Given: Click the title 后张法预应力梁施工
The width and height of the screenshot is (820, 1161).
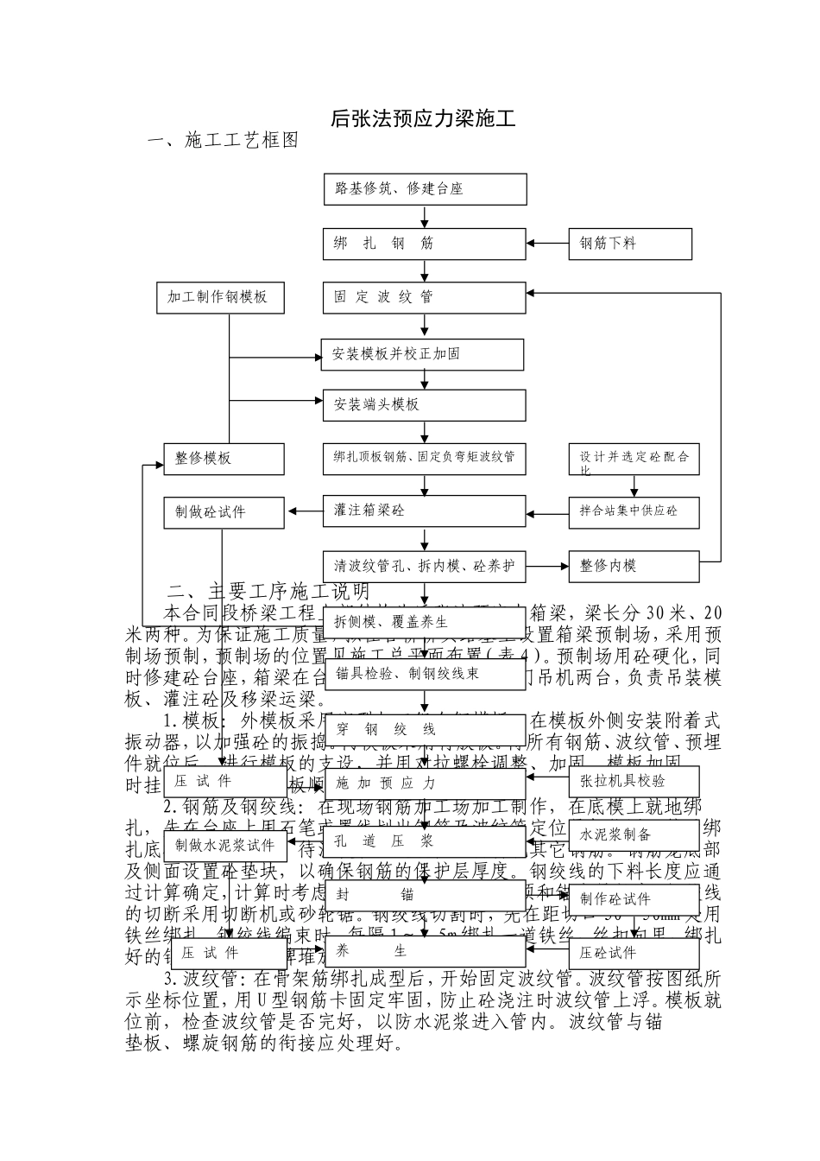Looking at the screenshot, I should (423, 119).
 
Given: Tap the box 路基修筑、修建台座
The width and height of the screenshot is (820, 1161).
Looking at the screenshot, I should (425, 189).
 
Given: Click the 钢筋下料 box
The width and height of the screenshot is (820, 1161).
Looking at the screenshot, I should (630, 244).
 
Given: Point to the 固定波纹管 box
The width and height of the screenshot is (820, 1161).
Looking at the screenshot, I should (425, 297).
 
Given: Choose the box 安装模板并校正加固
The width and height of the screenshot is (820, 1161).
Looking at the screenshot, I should (423, 354).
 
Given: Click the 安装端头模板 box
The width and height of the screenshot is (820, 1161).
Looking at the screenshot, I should (425, 404).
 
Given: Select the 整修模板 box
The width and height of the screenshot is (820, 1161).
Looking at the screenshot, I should (224, 459).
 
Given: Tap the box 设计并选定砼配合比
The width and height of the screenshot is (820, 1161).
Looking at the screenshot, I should (634, 459).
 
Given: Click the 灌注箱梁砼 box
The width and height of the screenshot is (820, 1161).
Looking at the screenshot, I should (425, 511).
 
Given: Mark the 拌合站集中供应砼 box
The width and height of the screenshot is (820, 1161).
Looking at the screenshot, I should (634, 511).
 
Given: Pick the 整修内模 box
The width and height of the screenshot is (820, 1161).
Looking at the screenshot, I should (634, 566).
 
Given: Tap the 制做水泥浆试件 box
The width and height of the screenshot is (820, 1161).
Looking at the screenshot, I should (224, 845).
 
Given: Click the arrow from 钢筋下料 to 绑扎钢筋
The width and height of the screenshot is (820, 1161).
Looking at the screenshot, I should (547, 244).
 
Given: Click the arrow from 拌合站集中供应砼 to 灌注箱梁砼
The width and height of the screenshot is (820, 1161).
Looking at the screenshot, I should (547, 511).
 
